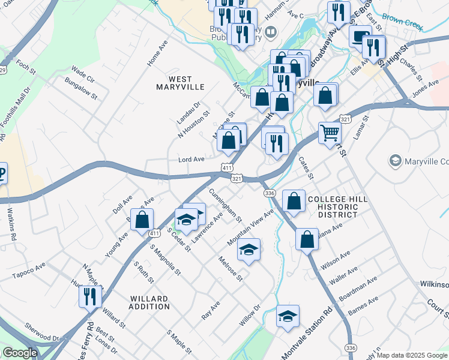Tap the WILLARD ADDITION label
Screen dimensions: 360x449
pyautogui.click(x=149, y=302)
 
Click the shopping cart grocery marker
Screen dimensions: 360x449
pyautogui.click(x=330, y=133)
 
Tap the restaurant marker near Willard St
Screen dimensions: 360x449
pyautogui.click(x=90, y=296)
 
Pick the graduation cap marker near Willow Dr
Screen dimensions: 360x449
pyautogui.click(x=288, y=316)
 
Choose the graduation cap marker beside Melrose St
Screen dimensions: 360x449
pyautogui.click(x=249, y=249)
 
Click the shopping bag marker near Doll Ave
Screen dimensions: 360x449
pyautogui.click(x=142, y=219)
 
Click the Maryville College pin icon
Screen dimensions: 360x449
pyautogui.click(x=396, y=161)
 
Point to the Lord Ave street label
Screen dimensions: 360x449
pyautogui.click(x=192, y=160)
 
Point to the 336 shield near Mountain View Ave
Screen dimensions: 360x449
pyautogui.click(x=270, y=193)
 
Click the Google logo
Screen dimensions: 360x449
pyautogui.click(x=20, y=353)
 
